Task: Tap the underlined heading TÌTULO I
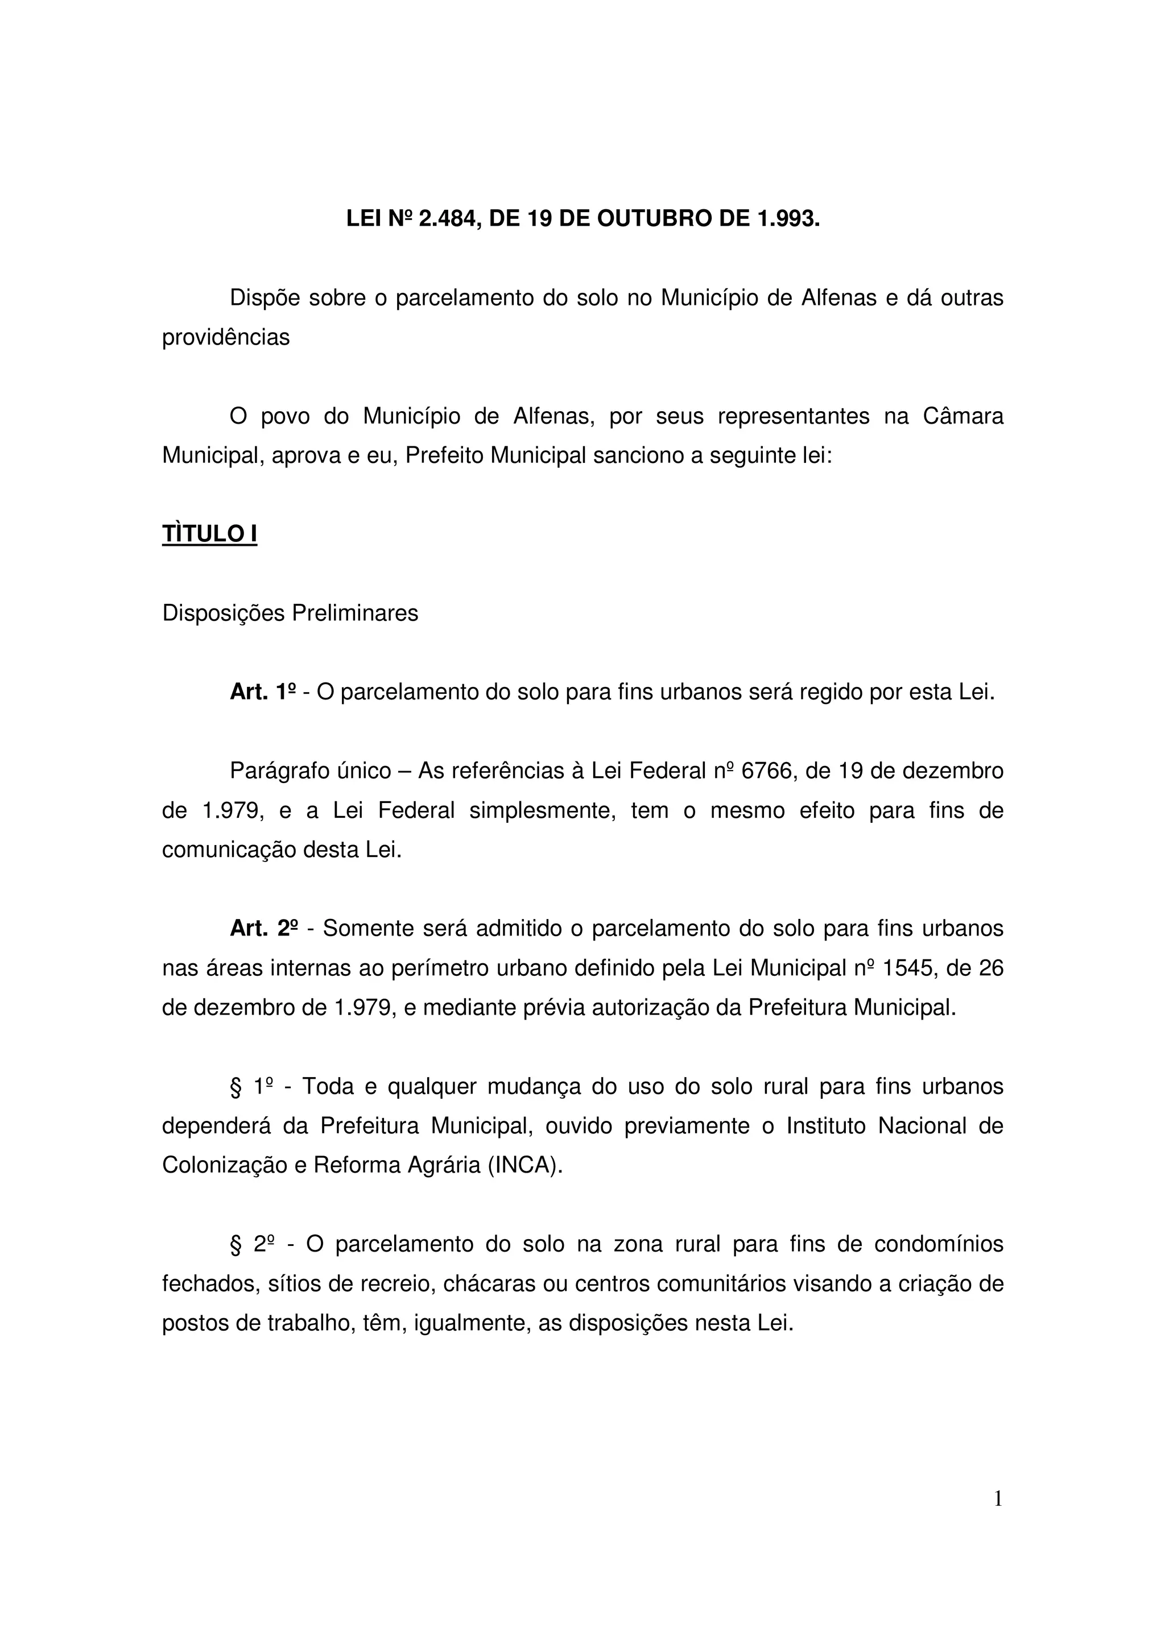pos(209,534)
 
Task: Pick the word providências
pos(225,337)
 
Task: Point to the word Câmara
pos(962,416)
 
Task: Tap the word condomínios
pos(939,1244)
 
